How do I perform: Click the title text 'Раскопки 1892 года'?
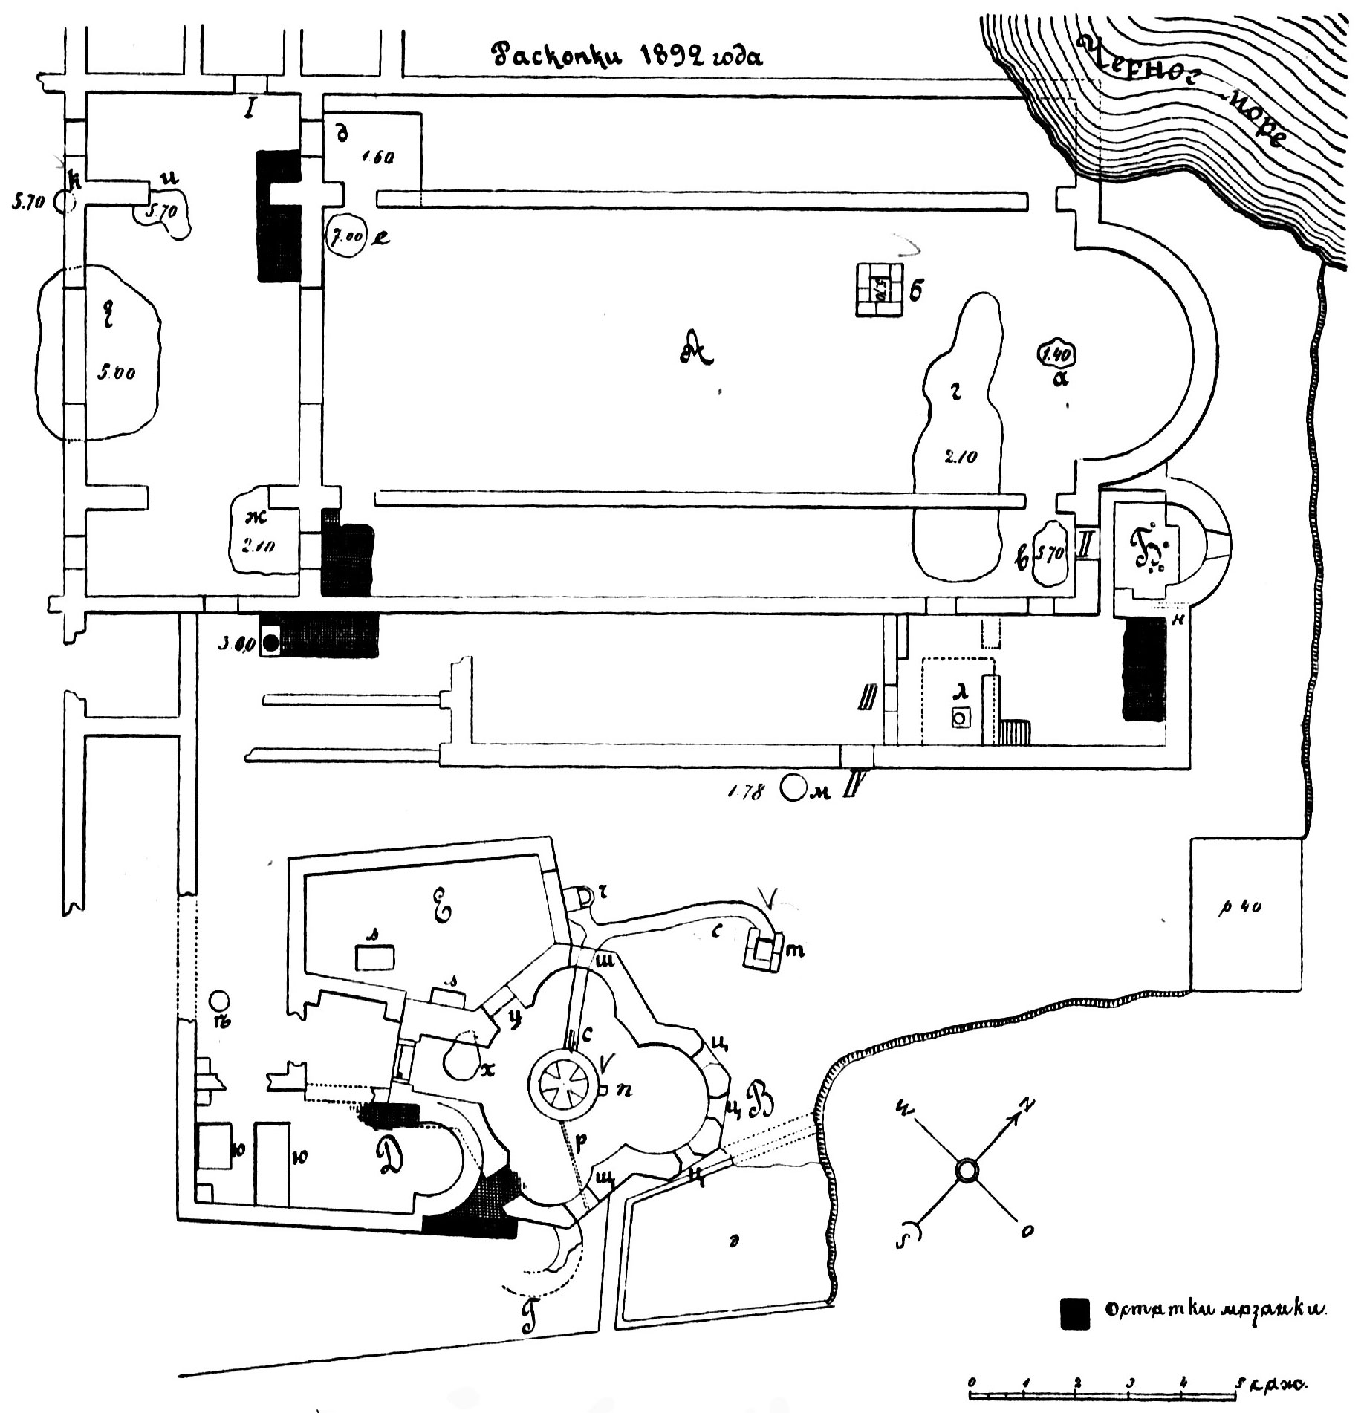click(x=629, y=56)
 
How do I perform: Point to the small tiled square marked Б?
click(x=879, y=290)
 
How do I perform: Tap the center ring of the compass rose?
click(x=967, y=1172)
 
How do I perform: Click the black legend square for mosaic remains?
click(x=1074, y=1334)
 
